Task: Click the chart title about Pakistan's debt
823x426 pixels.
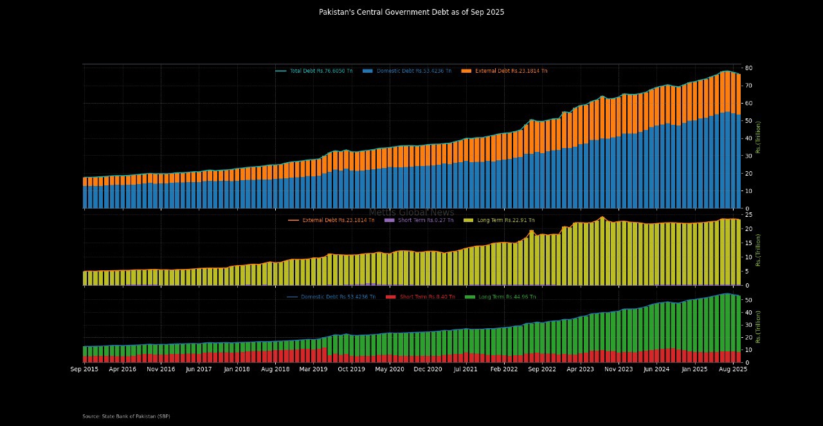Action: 411,12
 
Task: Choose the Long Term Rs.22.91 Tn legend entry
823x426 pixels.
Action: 502,220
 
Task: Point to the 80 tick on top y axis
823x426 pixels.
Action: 748,68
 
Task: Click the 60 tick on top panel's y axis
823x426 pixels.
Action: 748,103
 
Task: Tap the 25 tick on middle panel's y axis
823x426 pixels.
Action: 748,215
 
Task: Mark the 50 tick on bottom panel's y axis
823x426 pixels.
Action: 748,301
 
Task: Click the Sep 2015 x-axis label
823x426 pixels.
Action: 84,369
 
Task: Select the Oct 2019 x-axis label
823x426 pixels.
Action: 351,369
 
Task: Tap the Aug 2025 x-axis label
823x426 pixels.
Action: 732,369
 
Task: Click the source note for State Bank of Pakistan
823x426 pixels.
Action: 126,416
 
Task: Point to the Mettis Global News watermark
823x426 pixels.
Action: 411,212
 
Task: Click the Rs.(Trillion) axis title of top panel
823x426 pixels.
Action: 758,137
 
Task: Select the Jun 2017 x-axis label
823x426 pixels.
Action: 199,369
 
